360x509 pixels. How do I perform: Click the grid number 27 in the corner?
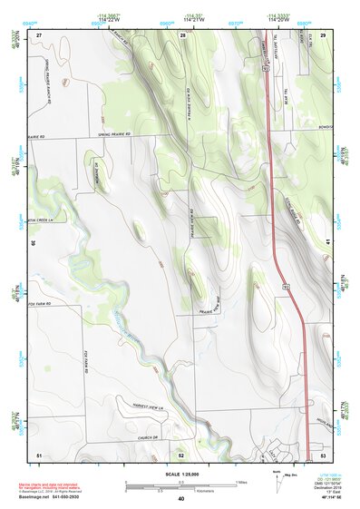click(x=39, y=34)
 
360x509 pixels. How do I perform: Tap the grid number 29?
click(x=323, y=34)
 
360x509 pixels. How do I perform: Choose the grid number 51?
click(x=39, y=453)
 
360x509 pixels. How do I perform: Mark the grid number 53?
click(x=323, y=453)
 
